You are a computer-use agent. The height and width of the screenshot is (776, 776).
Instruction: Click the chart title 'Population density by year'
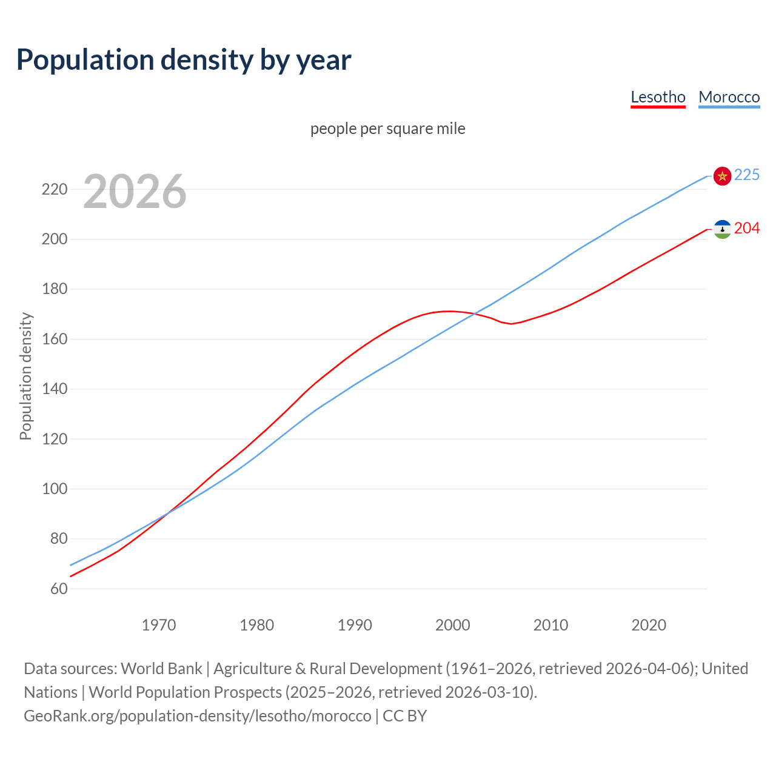pyautogui.click(x=184, y=60)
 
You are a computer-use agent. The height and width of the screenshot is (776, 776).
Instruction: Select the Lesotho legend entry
pyautogui.click(x=658, y=97)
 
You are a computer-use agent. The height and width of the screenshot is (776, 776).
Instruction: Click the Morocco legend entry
pyautogui.click(x=729, y=97)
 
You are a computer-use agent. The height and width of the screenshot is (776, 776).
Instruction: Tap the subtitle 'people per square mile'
pyautogui.click(x=388, y=129)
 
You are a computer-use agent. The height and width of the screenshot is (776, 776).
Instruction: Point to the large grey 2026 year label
pyautogui.click(x=135, y=192)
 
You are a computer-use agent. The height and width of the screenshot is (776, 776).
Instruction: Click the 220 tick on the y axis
pyautogui.click(x=54, y=189)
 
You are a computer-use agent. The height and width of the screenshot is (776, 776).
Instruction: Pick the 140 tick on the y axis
pyautogui.click(x=54, y=389)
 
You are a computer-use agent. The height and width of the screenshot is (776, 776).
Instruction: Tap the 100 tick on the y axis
pyautogui.click(x=54, y=489)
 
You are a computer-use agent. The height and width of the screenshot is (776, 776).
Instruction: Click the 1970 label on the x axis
pyautogui.click(x=159, y=625)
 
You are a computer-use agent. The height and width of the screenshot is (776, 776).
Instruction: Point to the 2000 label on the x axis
pyautogui.click(x=453, y=625)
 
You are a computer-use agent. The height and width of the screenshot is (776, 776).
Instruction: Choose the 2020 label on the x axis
pyautogui.click(x=649, y=625)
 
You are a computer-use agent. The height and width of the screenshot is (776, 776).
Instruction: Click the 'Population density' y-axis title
pyautogui.click(x=25, y=376)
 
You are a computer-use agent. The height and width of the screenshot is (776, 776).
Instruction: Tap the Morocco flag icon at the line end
pyautogui.click(x=722, y=176)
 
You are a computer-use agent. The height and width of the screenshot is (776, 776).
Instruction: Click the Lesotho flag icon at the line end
pyautogui.click(x=722, y=229)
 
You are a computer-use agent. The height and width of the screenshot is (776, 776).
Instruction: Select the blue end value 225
pyautogui.click(x=747, y=175)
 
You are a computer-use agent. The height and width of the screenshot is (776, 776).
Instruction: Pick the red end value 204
pyautogui.click(x=747, y=229)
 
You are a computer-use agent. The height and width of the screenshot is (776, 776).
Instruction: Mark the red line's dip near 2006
pyautogui.click(x=511, y=324)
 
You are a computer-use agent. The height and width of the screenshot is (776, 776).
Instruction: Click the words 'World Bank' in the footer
pyautogui.click(x=161, y=669)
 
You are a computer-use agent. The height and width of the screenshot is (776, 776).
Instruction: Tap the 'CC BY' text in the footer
pyautogui.click(x=405, y=716)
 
